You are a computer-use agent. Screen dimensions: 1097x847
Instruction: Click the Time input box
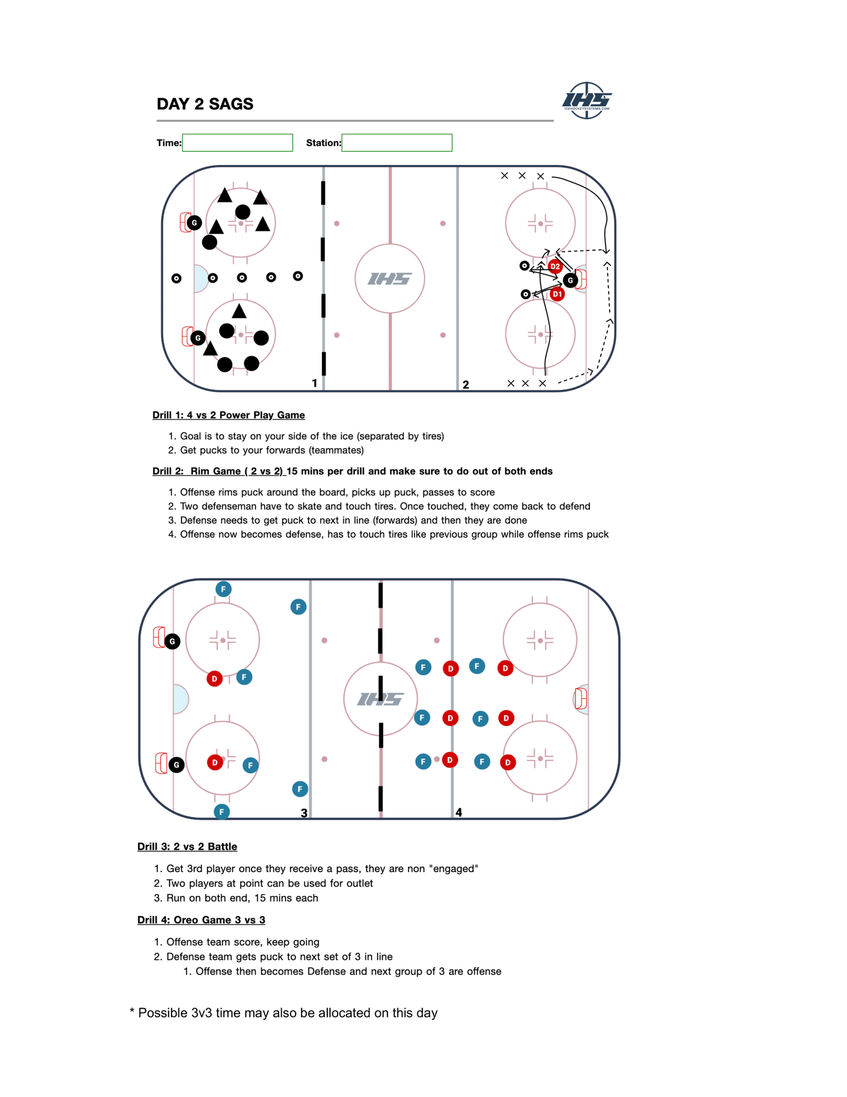pos(237,143)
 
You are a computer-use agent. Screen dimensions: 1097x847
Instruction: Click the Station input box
pos(396,143)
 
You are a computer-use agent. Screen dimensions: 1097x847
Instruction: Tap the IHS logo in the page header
pos(586,100)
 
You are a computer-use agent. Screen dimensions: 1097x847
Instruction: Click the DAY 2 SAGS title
pos(205,104)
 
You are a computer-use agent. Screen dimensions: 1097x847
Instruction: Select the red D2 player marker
pos(555,267)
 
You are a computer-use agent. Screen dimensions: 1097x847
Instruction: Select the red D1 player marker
pos(557,294)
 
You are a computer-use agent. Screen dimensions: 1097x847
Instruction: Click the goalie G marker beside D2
pos(570,280)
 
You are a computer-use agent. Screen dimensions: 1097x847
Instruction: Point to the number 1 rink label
pos(315,383)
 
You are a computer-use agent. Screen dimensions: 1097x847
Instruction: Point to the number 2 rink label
pos(465,384)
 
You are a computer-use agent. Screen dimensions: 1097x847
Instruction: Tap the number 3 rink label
pos(304,813)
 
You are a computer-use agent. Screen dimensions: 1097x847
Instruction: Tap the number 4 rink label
pos(458,812)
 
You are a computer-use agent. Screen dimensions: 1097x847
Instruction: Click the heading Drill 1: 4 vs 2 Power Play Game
pos(228,415)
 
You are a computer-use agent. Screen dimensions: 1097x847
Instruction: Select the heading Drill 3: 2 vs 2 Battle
pos(187,846)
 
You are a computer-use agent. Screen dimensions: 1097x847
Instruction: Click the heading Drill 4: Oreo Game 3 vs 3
pos(201,920)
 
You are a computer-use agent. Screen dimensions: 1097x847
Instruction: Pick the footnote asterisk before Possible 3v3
pos(132,1012)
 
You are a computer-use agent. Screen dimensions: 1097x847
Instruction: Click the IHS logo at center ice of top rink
pos(389,279)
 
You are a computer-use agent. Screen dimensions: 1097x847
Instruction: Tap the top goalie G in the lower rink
pos(172,641)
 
